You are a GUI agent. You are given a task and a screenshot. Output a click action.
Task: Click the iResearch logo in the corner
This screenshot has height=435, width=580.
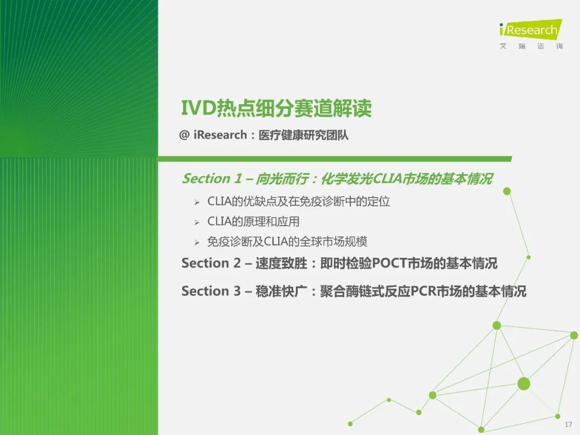coord(531,29)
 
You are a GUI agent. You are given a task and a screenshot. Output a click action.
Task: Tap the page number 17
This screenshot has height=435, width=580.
coord(568,424)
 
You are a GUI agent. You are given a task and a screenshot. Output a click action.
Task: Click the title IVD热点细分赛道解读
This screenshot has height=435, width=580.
coord(277,108)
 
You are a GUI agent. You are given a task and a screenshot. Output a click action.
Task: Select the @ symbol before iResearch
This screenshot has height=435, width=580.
coord(184,135)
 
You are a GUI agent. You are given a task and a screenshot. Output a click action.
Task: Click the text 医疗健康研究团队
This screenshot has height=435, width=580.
coord(303,135)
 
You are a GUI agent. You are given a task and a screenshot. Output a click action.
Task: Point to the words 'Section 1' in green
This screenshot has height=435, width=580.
coord(212,179)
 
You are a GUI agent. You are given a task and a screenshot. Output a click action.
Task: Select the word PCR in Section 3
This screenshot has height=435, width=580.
coord(423,291)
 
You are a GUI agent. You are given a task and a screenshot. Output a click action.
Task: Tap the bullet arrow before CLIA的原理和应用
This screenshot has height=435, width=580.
coord(197,222)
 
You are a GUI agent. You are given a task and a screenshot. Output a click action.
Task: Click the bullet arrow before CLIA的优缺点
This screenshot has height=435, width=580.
coord(197,202)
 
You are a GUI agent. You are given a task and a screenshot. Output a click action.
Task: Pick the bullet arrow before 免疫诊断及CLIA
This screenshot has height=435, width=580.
coord(197,243)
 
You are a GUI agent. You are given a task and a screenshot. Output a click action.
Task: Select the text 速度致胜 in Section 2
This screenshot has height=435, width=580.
coord(281,263)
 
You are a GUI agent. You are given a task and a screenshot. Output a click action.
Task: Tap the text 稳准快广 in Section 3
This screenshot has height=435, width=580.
coord(281,291)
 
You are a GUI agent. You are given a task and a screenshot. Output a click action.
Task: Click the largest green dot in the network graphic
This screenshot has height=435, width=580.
coord(524,384)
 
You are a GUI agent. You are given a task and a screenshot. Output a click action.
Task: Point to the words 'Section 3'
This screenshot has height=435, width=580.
coord(211,291)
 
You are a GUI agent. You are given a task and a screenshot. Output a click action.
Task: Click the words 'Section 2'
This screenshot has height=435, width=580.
coord(211,263)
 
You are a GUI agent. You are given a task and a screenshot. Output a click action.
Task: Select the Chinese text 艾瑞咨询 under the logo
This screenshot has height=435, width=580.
coord(531,46)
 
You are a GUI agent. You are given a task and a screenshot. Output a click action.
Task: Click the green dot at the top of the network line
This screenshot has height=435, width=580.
coord(507,191)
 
